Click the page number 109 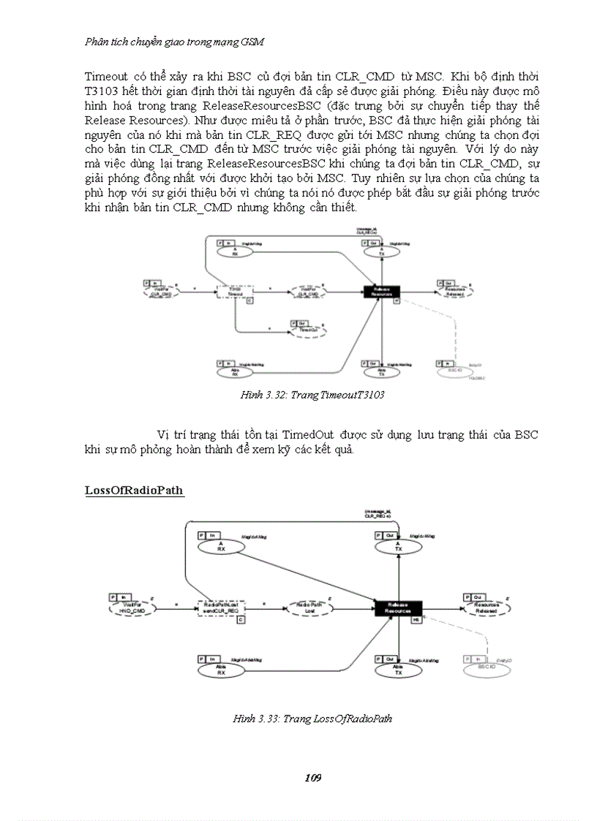click(x=312, y=777)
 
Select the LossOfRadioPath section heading click(x=134, y=490)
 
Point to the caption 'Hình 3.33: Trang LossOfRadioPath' click(x=312, y=719)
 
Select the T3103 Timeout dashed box click(x=235, y=292)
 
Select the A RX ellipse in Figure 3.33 click(x=219, y=546)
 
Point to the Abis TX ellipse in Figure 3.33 click(x=398, y=669)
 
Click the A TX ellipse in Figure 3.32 click(x=381, y=251)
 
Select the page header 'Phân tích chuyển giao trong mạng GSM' click(x=174, y=42)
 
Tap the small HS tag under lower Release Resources click(x=416, y=620)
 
